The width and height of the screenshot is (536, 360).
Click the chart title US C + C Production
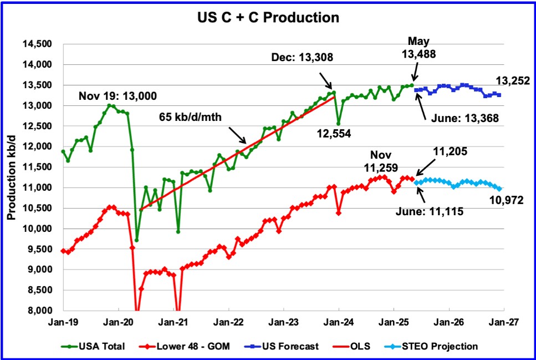click(x=268, y=17)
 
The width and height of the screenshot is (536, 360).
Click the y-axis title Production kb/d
click(x=11, y=177)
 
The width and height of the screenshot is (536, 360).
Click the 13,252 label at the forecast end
click(x=514, y=81)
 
